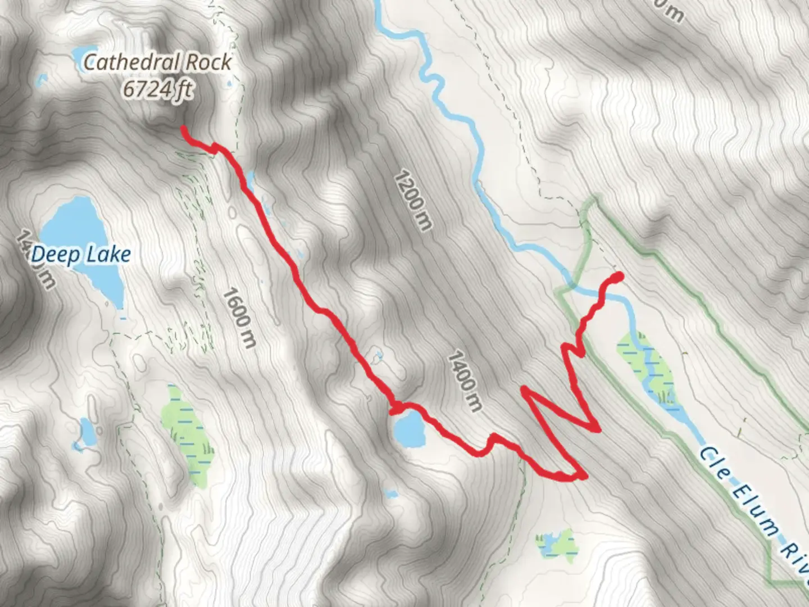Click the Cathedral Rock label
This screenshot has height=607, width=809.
click(157, 62)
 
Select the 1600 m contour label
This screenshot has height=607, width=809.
click(239, 318)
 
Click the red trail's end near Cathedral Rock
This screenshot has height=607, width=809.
click(184, 129)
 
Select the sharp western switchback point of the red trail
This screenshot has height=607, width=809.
click(524, 389)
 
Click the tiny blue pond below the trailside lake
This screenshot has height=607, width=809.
click(389, 494)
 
